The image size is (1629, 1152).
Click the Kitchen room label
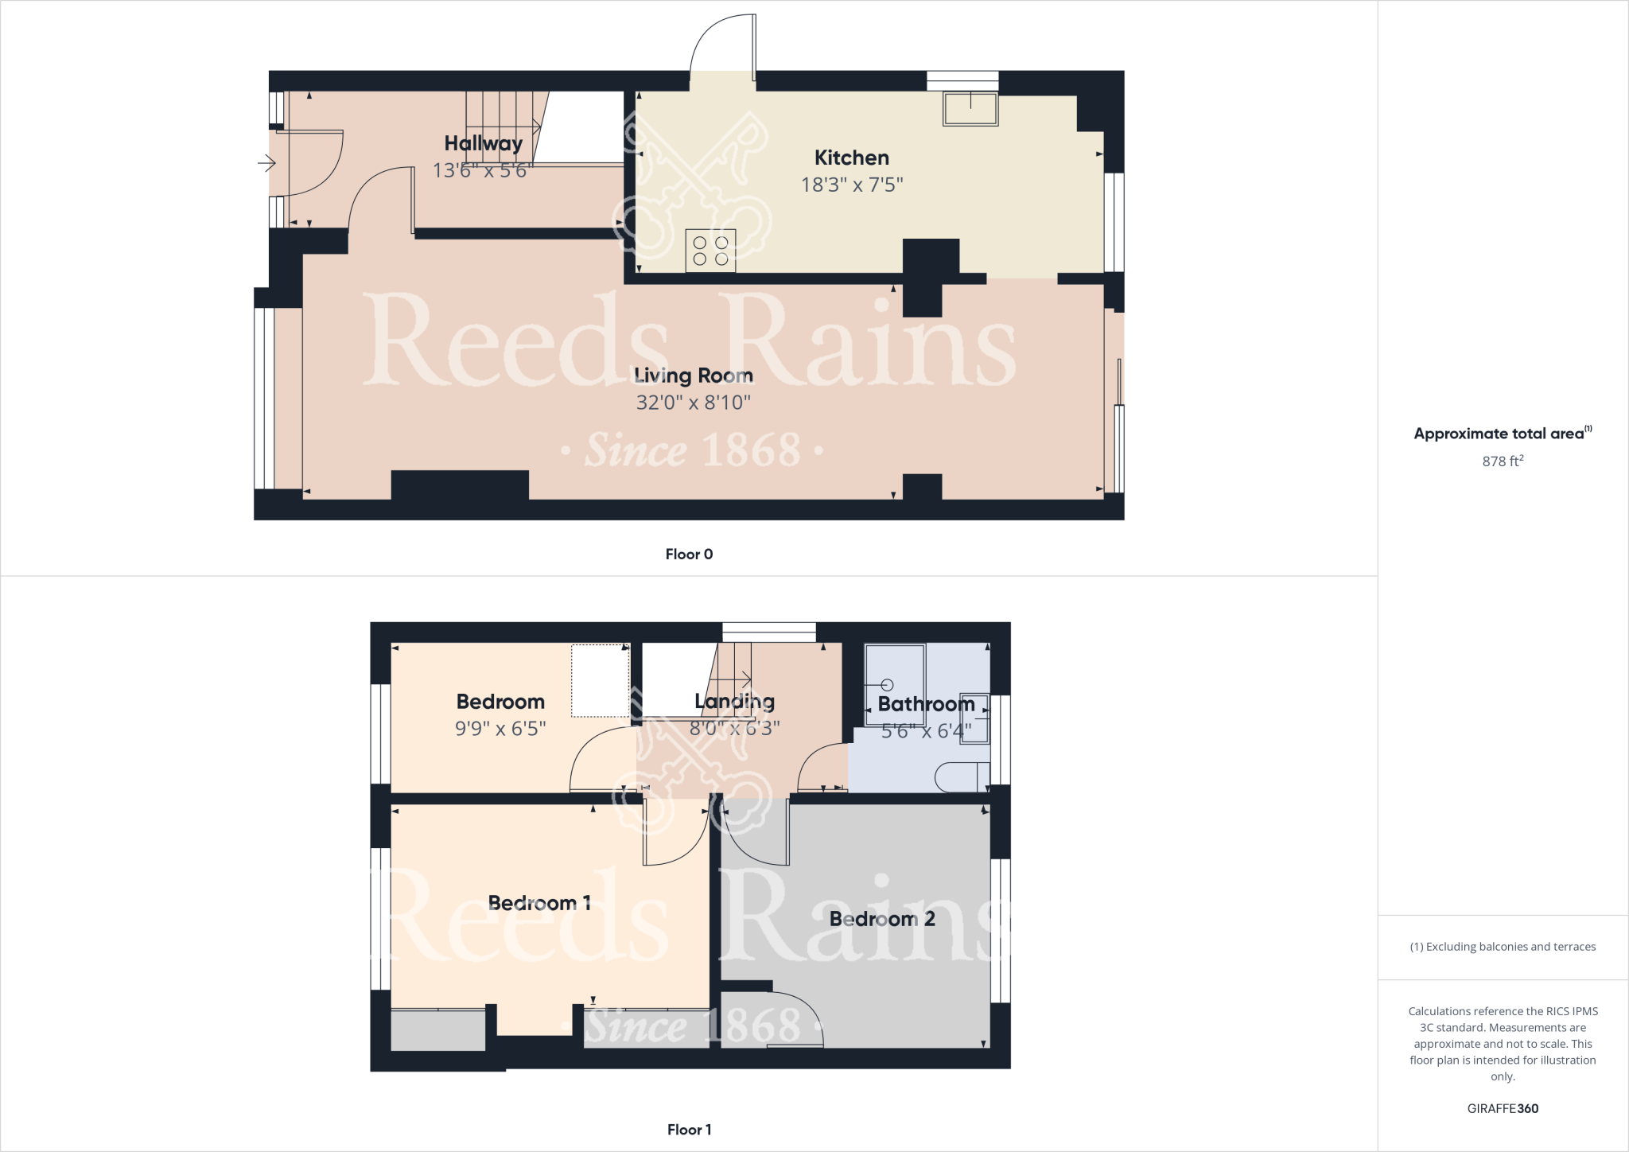(x=851, y=158)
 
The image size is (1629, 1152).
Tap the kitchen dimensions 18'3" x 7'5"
(x=851, y=185)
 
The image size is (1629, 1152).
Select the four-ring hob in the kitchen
(x=710, y=251)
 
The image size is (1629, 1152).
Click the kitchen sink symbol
(x=970, y=109)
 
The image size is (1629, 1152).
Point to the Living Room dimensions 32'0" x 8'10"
(x=693, y=403)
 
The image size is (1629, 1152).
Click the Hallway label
(x=483, y=143)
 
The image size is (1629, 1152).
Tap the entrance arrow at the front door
(x=266, y=164)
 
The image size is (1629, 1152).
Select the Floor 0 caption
(x=689, y=555)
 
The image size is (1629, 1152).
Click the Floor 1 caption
(x=689, y=1130)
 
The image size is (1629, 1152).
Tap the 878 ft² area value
(x=1502, y=461)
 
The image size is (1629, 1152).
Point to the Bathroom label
(x=926, y=704)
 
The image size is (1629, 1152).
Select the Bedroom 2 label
(x=881, y=919)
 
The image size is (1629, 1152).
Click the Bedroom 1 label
(x=538, y=903)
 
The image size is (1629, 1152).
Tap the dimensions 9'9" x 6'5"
(x=500, y=729)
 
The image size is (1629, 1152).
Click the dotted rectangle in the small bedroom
(x=600, y=680)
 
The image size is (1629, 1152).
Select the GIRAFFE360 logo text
(x=1502, y=1108)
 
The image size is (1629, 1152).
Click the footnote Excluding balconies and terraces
(x=1502, y=947)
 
